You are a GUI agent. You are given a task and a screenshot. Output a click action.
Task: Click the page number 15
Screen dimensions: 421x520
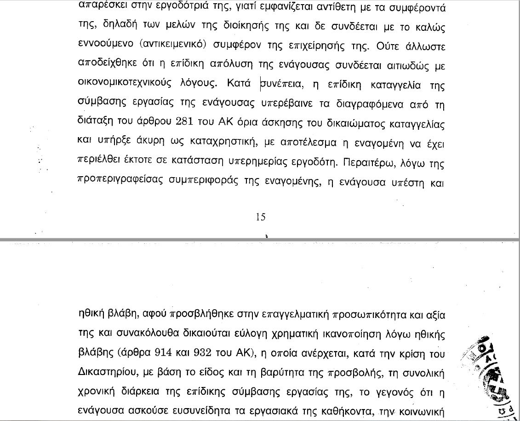[x=260, y=217]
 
